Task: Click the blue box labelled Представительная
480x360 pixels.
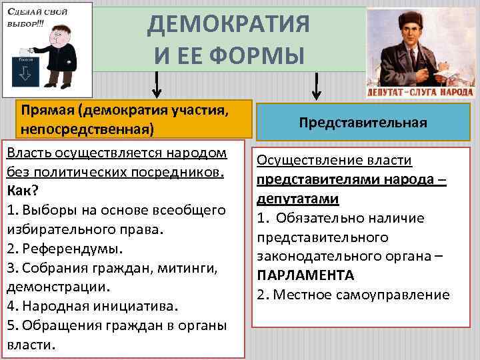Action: [x=363, y=123]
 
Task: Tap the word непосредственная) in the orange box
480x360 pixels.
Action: [x=87, y=128]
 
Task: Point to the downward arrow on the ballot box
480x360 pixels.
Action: [x=27, y=73]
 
